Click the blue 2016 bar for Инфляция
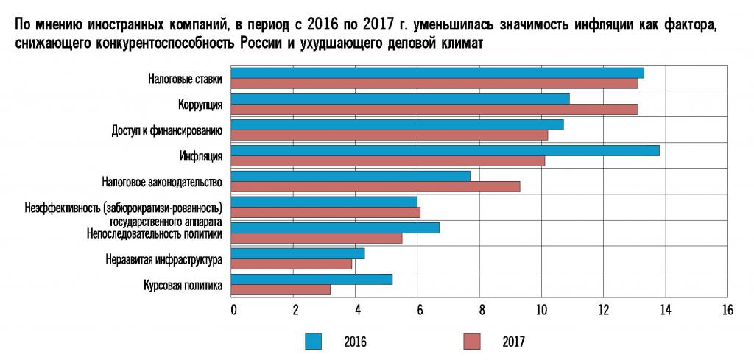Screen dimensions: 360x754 click(x=445, y=150)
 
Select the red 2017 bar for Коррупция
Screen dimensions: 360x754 click(x=434, y=110)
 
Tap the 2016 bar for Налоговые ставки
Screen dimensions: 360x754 click(x=438, y=72)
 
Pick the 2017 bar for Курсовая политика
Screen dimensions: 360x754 click(x=281, y=289)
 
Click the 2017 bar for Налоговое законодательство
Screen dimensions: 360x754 click(x=376, y=186)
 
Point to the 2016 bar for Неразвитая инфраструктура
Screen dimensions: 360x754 click(x=298, y=253)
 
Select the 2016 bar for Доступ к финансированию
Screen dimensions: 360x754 click(x=398, y=124)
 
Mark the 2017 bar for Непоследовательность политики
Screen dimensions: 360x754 click(x=317, y=238)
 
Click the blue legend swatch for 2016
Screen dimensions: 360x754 click(x=314, y=341)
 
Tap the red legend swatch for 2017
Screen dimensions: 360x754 click(x=472, y=341)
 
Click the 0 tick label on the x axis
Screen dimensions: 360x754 click(x=233, y=310)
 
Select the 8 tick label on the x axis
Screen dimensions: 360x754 click(x=480, y=310)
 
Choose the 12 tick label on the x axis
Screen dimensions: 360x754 click(x=604, y=310)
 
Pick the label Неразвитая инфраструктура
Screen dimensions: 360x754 click(x=164, y=258)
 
